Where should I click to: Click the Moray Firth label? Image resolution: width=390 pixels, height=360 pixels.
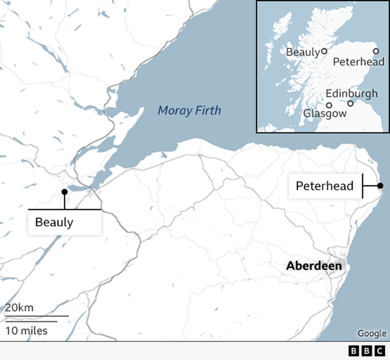(x=189, y=110)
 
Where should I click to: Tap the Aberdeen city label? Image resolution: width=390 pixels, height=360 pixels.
(x=313, y=266)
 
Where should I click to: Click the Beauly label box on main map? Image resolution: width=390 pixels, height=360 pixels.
(x=54, y=222)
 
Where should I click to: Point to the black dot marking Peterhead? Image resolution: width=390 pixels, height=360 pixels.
(x=380, y=186)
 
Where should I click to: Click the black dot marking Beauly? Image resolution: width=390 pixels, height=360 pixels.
(x=64, y=192)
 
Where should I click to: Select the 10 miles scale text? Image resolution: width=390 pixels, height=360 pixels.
(x=26, y=331)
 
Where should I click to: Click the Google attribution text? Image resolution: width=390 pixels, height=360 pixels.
(x=372, y=333)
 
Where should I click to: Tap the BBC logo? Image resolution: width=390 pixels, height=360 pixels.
(x=367, y=351)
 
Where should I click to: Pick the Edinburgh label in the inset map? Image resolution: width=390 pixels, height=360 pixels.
(x=351, y=93)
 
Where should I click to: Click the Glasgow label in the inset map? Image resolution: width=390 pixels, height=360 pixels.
(x=324, y=114)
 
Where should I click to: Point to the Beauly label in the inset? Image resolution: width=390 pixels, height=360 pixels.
(x=303, y=52)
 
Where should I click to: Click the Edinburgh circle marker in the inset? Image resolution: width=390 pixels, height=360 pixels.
(x=350, y=104)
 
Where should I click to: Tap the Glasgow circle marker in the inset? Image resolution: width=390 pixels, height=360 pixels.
(x=329, y=106)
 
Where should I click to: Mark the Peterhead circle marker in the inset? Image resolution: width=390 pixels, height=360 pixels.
(x=376, y=51)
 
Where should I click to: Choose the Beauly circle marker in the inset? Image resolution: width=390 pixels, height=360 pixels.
(x=323, y=51)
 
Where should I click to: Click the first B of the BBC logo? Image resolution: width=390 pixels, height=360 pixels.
(x=354, y=351)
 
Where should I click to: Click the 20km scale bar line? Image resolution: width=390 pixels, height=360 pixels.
(x=37, y=316)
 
